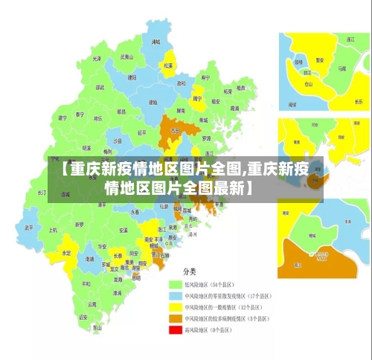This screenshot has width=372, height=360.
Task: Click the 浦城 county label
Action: (155, 42)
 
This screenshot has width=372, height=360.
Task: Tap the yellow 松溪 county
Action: (169, 62)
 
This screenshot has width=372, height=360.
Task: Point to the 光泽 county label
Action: (96, 58)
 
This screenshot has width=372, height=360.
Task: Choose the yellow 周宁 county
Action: (197, 97)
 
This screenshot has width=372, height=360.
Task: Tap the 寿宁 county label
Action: (206, 77)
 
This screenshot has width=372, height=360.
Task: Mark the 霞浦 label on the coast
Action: (234, 108)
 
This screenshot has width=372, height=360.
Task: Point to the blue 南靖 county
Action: (90, 259)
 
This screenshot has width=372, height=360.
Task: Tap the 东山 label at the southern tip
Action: (97, 327)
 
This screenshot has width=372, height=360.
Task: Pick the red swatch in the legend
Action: (176, 330)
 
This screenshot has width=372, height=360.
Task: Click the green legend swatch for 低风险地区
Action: (176, 285)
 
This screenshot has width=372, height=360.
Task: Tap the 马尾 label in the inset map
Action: (341, 68)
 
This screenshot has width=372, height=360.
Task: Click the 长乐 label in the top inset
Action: (359, 101)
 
